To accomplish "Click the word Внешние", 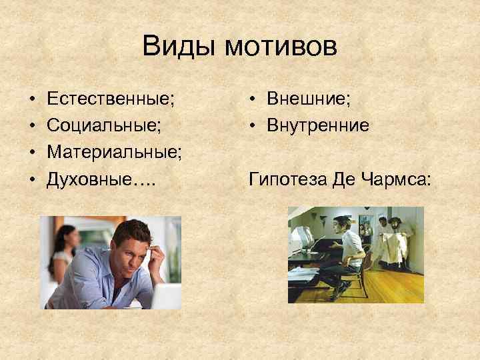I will pos(307,100).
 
